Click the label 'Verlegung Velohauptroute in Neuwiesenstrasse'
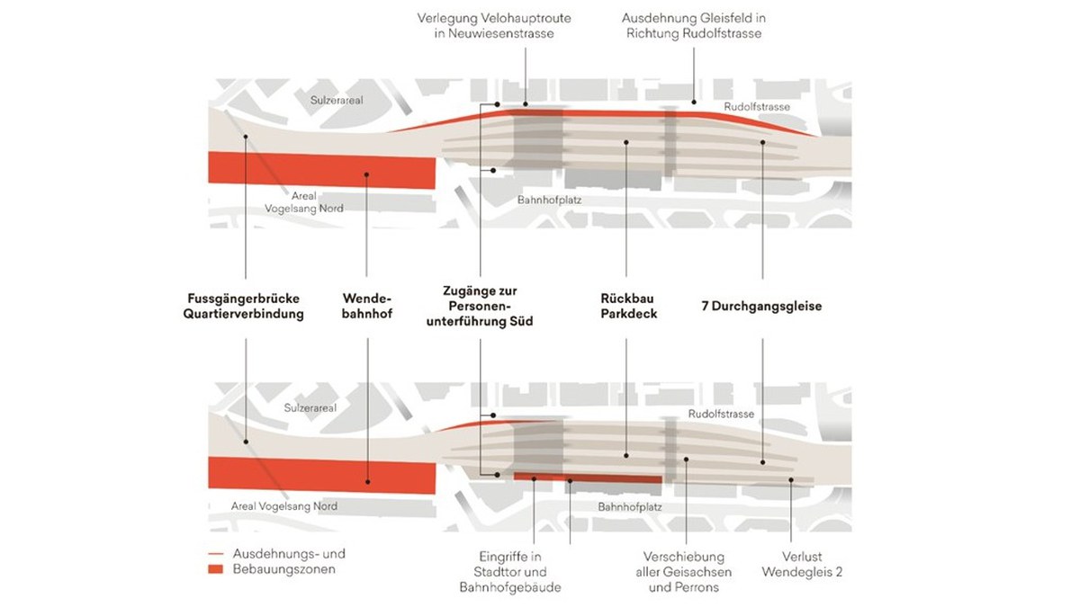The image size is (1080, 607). [x=494, y=26]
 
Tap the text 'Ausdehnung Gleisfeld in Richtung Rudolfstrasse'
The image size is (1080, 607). [x=694, y=26]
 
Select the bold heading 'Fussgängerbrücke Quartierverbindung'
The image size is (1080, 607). [x=244, y=307]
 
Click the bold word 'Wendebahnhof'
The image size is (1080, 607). [x=367, y=307]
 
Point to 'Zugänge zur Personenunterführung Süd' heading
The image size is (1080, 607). [x=480, y=307]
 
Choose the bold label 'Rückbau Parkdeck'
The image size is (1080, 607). [x=629, y=307]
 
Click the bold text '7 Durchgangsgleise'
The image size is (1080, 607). [x=761, y=307]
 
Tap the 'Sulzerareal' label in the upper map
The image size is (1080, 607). [x=337, y=100]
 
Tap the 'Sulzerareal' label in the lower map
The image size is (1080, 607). [x=310, y=408]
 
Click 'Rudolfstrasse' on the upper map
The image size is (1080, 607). [x=757, y=107]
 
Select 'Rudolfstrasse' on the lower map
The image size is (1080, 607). [x=721, y=415]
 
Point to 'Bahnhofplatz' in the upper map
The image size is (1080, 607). [x=549, y=200]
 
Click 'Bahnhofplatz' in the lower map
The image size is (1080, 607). [x=630, y=507]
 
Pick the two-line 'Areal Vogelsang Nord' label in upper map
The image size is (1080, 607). [x=304, y=202]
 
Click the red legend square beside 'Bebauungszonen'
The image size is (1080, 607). [x=215, y=569]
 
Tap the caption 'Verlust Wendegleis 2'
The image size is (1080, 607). [x=802, y=565]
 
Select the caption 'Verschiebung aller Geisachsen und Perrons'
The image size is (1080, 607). [x=684, y=572]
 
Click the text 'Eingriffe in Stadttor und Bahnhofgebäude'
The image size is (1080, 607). [x=510, y=572]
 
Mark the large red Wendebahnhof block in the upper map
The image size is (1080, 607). [x=321, y=170]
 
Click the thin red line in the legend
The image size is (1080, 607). [x=215, y=555]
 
